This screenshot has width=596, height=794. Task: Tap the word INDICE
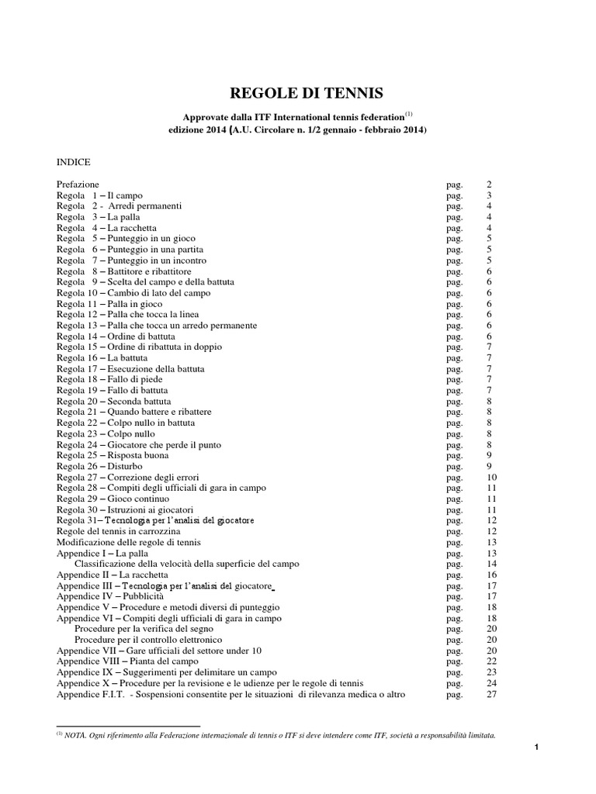[x=74, y=162]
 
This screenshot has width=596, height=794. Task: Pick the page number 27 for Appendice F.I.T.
[x=490, y=694]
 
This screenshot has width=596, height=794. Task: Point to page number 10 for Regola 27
[x=490, y=478]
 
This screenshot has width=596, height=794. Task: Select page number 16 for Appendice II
[x=490, y=575]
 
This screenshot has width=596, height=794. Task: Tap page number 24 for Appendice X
[x=490, y=683]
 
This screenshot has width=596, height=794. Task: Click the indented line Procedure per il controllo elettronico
[x=149, y=640]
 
